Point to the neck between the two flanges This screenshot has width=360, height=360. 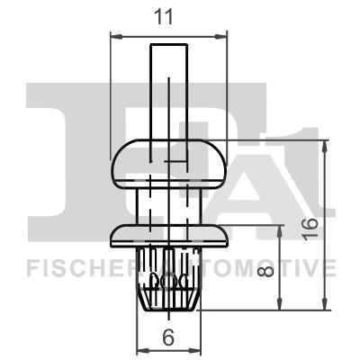click(x=168, y=205)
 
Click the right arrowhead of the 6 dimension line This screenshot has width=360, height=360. click(x=197, y=350)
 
